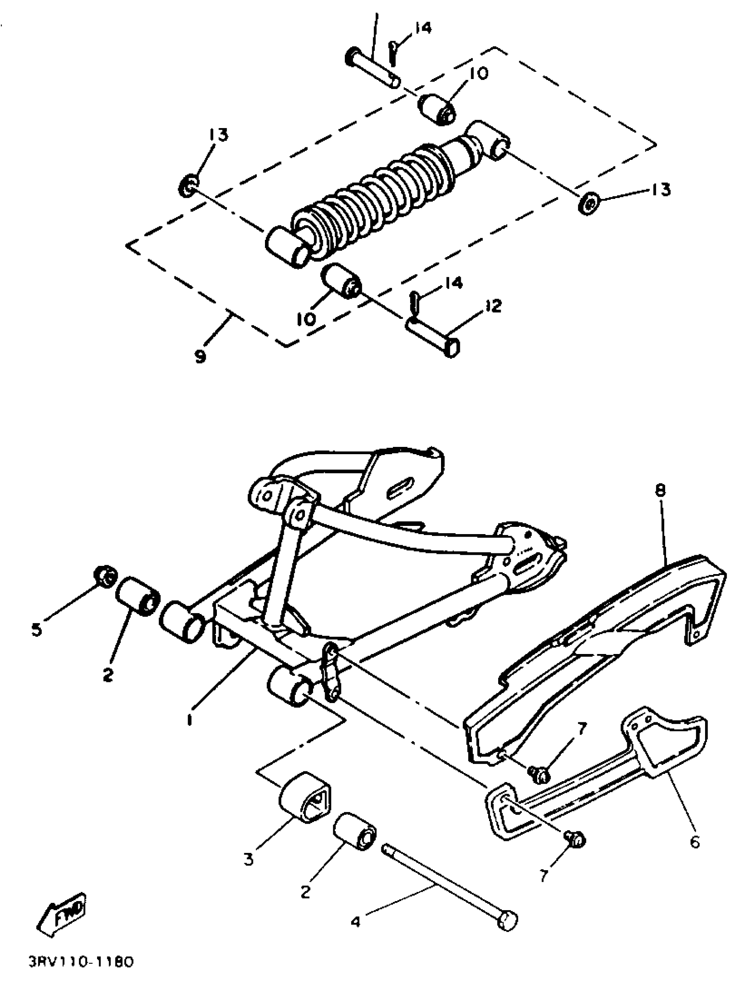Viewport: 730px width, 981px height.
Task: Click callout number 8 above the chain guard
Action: click(660, 491)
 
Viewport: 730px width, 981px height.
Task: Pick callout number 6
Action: click(694, 842)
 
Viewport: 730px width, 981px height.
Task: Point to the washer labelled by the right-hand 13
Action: click(588, 204)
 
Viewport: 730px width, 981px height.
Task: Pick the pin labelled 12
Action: click(433, 337)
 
